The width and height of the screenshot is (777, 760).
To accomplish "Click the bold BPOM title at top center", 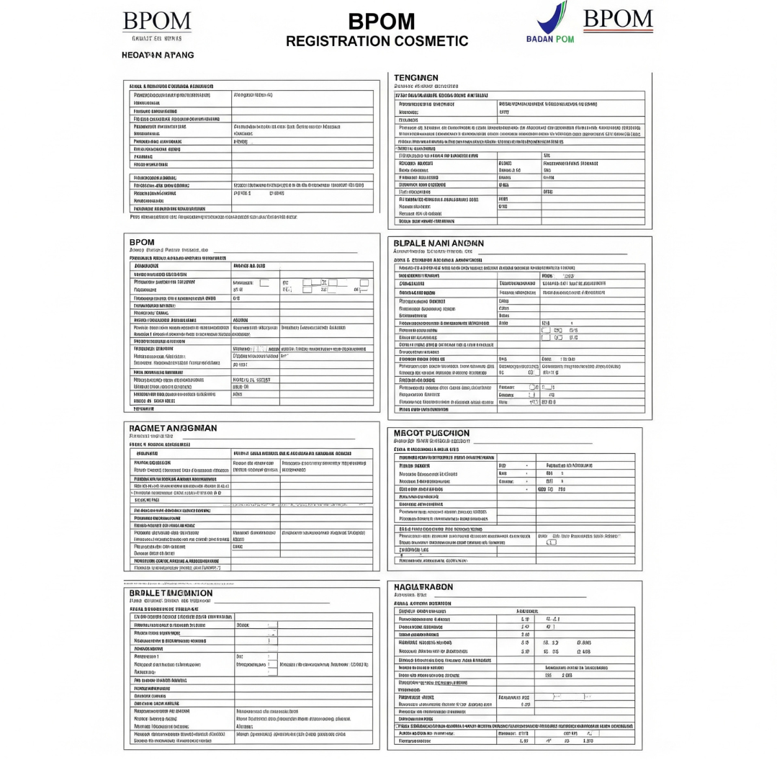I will click(381, 22).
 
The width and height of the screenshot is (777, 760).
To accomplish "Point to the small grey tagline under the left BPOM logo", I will click(158, 37).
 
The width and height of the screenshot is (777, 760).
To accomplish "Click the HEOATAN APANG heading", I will click(158, 55).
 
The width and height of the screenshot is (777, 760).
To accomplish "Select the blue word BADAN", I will click(541, 39).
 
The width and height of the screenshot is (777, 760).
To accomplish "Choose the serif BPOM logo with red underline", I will click(618, 18).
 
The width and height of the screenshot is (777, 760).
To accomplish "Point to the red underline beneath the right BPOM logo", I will click(618, 31).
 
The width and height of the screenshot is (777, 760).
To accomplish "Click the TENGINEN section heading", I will click(416, 77).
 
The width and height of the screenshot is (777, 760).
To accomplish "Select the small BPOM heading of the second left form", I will click(142, 242).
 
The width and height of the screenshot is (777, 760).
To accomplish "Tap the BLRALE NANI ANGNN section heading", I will click(439, 243).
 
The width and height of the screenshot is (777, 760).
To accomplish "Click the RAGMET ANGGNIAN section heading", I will click(173, 428).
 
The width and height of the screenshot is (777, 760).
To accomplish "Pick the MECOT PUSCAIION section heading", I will click(431, 433).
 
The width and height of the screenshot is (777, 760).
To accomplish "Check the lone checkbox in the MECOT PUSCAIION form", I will click(552, 542).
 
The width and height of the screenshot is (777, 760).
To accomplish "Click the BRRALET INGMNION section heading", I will click(171, 593).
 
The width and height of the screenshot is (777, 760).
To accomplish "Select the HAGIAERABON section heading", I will click(423, 587).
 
